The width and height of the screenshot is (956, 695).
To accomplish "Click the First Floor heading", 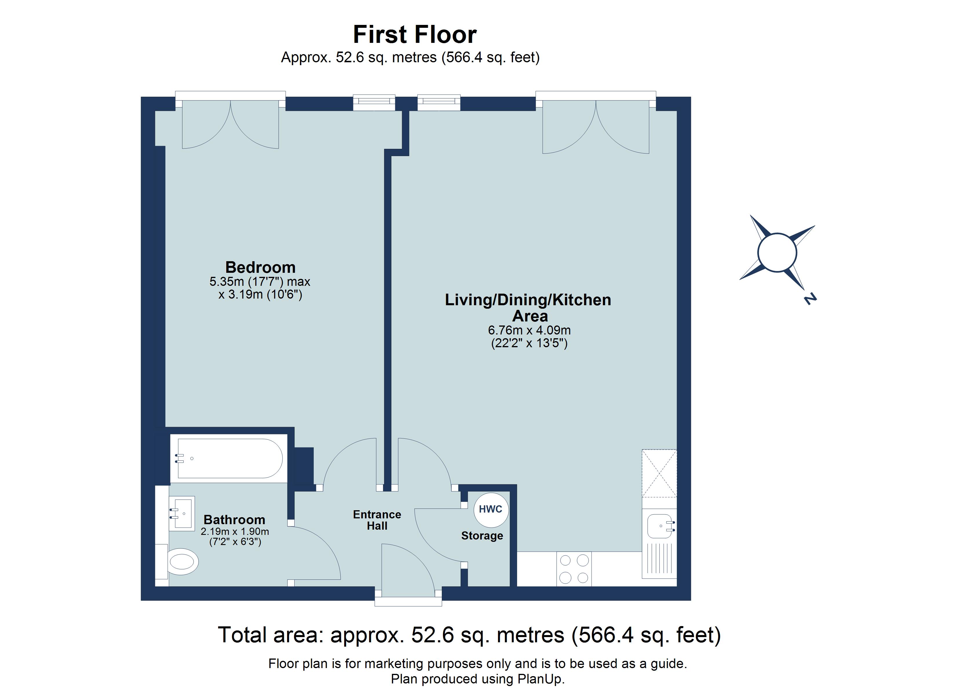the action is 415,34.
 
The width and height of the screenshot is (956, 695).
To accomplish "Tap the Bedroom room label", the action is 260,267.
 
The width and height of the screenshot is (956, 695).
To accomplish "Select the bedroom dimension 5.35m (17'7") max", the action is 260,281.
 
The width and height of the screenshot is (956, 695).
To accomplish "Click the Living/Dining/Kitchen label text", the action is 528,300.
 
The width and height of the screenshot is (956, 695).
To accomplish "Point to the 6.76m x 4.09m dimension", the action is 530,330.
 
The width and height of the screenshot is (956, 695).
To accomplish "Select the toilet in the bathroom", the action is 182,562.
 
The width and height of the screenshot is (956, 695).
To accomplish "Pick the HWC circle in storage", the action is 491,510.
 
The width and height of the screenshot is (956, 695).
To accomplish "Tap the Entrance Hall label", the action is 377,520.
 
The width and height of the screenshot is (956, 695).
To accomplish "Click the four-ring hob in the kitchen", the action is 574,569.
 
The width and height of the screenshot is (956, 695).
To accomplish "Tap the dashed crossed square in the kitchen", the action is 659,473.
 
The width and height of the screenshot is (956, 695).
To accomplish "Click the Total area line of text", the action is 469,635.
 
